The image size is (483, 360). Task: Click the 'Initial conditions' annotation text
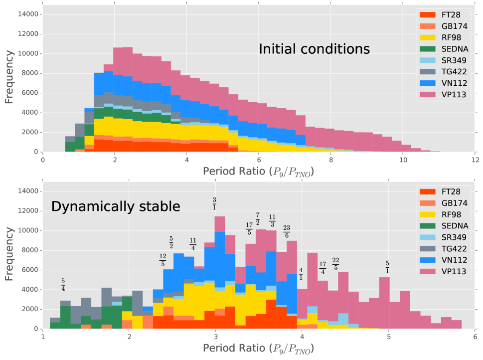pyautogui.click(x=314, y=49)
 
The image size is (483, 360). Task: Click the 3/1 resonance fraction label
pyautogui.click(x=215, y=203)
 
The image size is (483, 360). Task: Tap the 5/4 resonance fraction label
pyautogui.click(x=63, y=285)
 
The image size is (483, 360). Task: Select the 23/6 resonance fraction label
pyautogui.click(x=287, y=231)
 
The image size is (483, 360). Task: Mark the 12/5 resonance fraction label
pyautogui.click(x=163, y=259)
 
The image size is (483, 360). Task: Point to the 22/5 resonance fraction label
pyautogui.click(x=335, y=263)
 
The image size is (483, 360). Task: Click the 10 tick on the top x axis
pyautogui.click(x=403, y=161)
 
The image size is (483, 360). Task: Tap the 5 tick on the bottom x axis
pyautogui.click(x=388, y=337)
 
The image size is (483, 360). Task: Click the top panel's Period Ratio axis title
pyautogui.click(x=258, y=173)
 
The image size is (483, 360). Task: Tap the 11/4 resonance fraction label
pyautogui.click(x=193, y=244)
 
